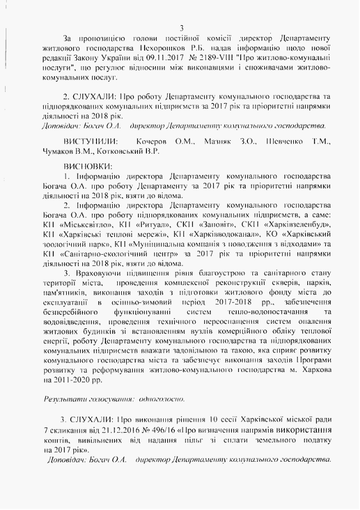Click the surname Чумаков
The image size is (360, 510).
59,151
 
